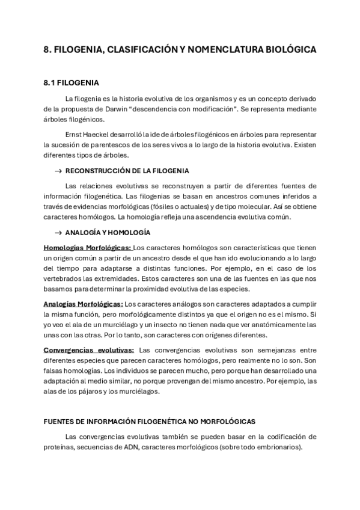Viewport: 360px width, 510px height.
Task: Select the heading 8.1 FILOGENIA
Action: point(72,82)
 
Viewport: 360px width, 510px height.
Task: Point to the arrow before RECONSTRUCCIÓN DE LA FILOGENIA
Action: point(58,171)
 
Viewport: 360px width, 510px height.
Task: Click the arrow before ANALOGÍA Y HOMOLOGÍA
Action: point(58,233)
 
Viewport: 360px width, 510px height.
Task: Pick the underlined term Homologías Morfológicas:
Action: point(87,247)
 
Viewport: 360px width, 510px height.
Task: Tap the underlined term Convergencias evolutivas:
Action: point(89,349)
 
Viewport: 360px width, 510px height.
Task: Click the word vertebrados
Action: point(64,278)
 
